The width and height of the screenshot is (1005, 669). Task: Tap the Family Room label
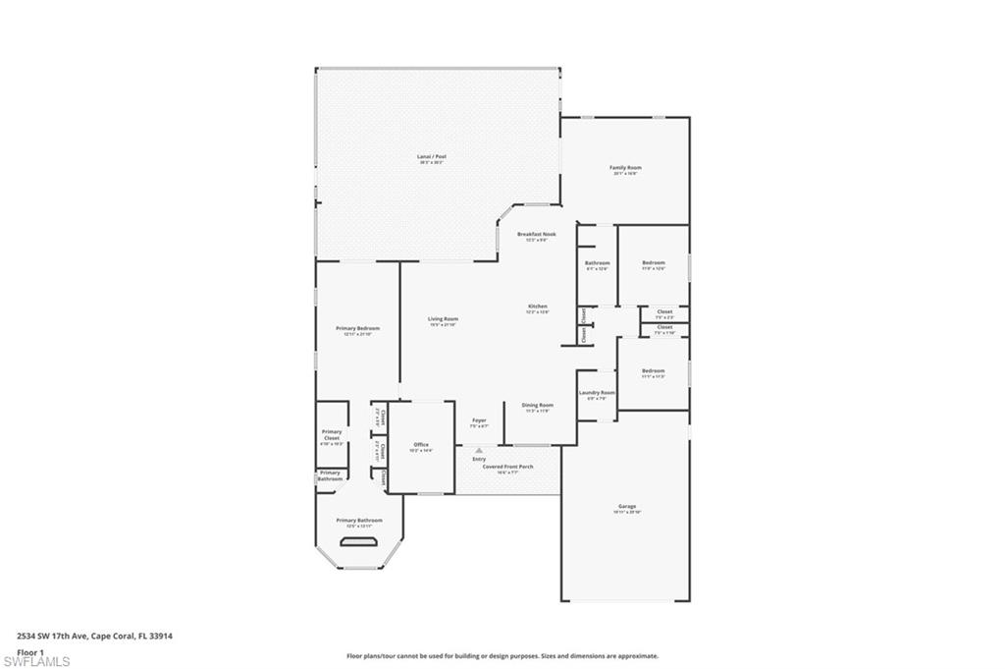pos(625,168)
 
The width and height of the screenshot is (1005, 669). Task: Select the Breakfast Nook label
pos(537,234)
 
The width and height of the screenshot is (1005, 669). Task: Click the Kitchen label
pos(537,307)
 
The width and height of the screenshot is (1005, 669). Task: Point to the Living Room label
pos(444,318)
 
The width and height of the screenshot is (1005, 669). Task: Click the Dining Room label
pos(537,405)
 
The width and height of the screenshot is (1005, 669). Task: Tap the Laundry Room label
pos(597,392)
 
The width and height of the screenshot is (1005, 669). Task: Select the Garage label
pos(626,507)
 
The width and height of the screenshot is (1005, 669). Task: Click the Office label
pos(421,445)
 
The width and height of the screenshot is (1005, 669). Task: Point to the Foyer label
pos(479,420)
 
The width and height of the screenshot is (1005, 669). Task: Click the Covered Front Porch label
pos(507,467)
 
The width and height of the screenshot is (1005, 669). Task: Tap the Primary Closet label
pos(332,434)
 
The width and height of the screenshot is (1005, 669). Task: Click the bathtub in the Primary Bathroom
pos(359,541)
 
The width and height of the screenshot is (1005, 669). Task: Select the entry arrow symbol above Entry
pos(479,450)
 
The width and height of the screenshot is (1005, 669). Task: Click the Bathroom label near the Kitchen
pos(597,262)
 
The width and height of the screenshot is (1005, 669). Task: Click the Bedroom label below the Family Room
pos(654,262)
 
